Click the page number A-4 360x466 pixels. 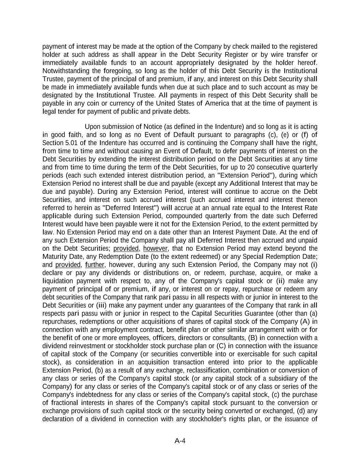pos(180,441)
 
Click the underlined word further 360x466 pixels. pos(95,265)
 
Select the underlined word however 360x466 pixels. pos(155,249)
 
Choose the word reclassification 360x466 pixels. pos(199,370)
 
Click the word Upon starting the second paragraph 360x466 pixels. pos(92,127)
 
